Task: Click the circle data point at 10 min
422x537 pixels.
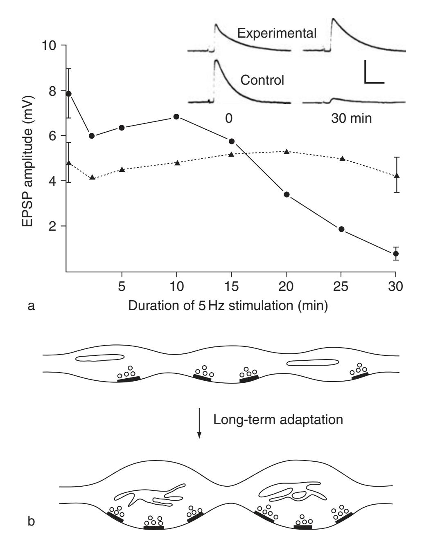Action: pos(176,117)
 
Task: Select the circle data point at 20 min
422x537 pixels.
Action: pos(287,194)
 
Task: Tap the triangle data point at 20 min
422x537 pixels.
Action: pos(287,151)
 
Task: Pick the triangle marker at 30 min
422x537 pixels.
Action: pos(396,175)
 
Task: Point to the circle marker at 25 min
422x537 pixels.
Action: pos(341,229)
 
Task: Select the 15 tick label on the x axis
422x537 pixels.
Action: pos(231,287)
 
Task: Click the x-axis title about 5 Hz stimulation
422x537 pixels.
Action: pos(228,305)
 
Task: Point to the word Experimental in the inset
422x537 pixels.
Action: pos(277,33)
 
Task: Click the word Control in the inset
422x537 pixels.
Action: pos(262,80)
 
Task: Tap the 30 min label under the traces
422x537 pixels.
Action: pos(351,119)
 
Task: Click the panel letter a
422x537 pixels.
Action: pos(32,306)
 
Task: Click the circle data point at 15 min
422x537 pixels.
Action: pos(231,141)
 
